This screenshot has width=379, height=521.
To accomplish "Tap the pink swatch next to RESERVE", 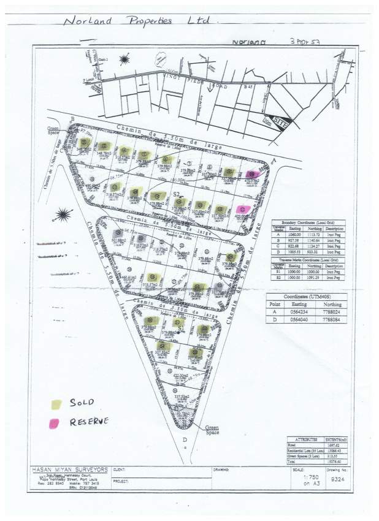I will (x=56, y=422).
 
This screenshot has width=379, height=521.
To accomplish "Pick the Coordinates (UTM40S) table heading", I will (x=307, y=295).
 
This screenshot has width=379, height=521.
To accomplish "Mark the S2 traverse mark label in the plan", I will (x=178, y=194).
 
